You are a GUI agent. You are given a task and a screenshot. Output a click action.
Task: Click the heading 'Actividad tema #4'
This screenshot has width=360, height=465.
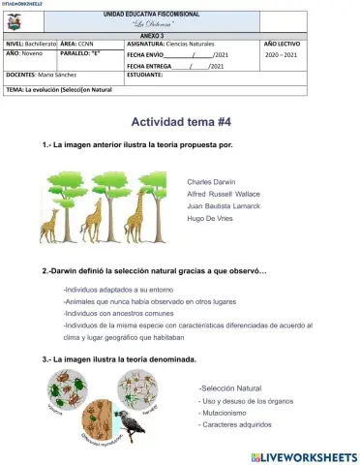[180, 123]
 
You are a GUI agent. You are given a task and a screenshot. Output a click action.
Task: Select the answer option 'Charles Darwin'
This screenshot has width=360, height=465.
[211, 180]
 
